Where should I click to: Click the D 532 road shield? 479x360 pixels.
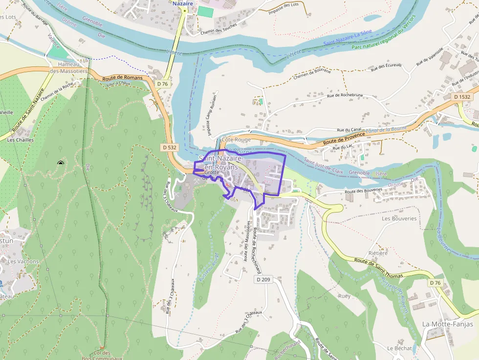tap(169, 147)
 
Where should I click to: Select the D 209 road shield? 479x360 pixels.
tap(263, 279)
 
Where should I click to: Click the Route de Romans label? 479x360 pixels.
tap(123, 78)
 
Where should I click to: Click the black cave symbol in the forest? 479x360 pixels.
tap(61, 164)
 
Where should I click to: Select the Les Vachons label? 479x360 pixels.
tap(23, 261)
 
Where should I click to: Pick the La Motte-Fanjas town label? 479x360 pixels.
tap(447, 324)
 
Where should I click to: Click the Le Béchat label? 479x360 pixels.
tap(399, 348)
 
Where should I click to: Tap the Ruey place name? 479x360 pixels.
tap(344, 296)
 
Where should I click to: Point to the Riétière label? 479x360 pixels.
tap(378, 253)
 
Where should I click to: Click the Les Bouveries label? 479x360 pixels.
tap(399, 218)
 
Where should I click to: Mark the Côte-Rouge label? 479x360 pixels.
tap(236, 140)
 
